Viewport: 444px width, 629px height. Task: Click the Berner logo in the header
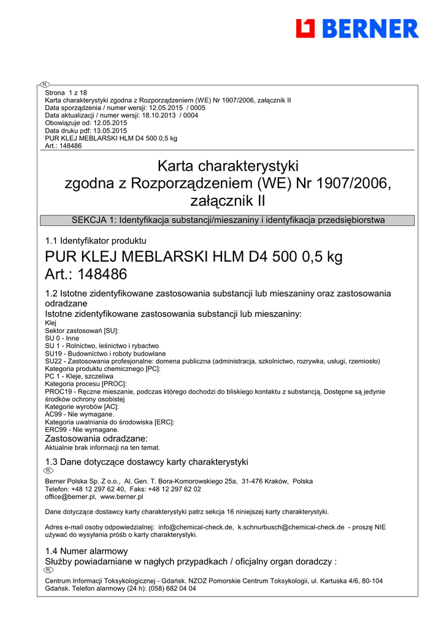tap(357, 28)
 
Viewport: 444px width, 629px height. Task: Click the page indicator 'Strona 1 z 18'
tap(66, 93)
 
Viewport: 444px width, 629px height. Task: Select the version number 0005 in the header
tap(197, 107)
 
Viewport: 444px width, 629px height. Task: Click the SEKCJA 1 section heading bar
tap(228, 220)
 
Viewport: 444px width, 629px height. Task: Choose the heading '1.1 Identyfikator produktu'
tap(96, 241)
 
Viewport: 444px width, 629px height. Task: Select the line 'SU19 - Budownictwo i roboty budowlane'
tap(105, 354)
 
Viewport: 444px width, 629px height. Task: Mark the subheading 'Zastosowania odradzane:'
tap(96, 439)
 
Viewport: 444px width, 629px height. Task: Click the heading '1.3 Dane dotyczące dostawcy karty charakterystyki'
tap(147, 461)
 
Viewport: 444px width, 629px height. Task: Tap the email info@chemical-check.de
tap(196, 527)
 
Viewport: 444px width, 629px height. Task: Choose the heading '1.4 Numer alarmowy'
tap(86, 551)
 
